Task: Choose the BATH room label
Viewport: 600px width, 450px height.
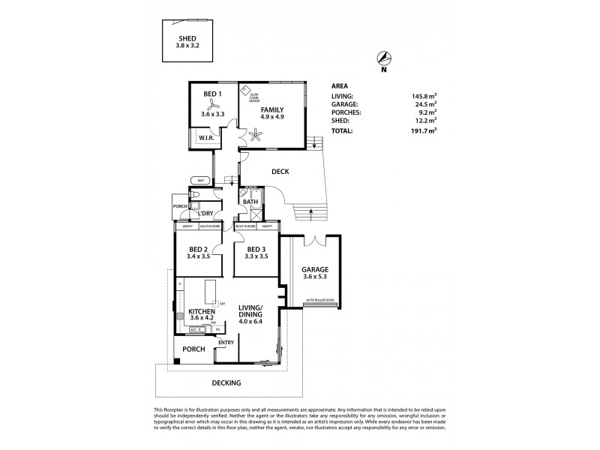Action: point(250,202)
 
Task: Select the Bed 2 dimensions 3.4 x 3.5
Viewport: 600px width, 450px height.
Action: point(199,256)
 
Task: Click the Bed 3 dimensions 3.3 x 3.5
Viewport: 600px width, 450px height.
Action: point(256,256)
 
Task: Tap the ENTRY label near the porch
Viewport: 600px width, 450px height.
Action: point(226,343)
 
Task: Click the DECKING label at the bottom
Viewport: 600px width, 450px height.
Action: point(226,382)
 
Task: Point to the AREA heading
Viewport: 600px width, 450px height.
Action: point(340,85)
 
